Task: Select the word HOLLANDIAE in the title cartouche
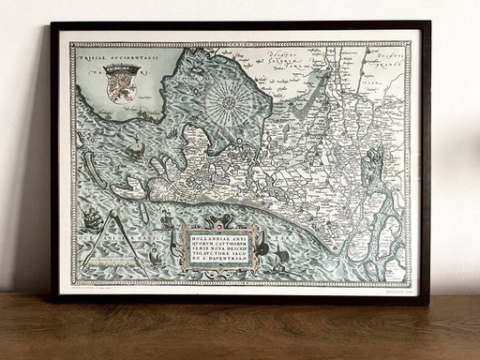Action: [213, 234]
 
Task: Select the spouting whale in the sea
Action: [136, 147]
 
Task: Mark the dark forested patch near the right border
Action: [373, 169]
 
